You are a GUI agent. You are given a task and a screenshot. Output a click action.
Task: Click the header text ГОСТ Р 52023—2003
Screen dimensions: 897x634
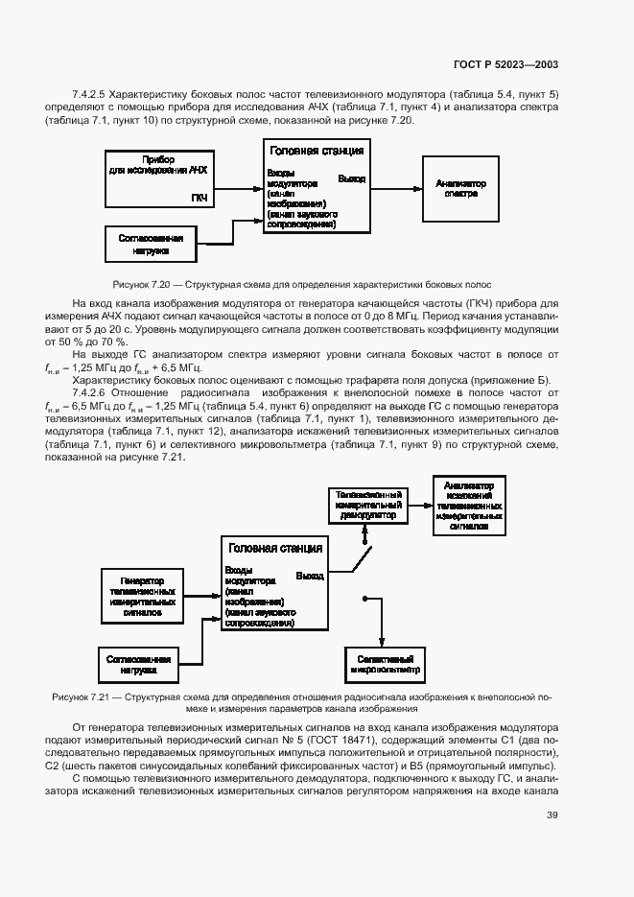(x=505, y=64)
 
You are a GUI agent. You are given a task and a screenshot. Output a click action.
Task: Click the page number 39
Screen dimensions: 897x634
(x=552, y=815)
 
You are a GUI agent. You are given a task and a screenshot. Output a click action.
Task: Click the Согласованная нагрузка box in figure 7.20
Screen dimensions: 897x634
(x=151, y=243)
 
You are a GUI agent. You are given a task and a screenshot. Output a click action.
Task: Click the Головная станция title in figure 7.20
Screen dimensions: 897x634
(x=317, y=151)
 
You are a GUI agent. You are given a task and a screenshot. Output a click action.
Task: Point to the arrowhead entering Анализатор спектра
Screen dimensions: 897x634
(x=417, y=188)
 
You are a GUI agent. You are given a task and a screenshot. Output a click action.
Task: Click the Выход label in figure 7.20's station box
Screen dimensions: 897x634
(x=351, y=179)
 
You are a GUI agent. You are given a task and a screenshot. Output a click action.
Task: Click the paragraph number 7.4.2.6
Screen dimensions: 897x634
(x=90, y=393)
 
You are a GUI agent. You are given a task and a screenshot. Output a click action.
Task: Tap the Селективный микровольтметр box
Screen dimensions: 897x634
(x=385, y=664)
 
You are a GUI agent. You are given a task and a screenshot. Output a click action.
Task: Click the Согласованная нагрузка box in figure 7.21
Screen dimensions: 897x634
(x=138, y=664)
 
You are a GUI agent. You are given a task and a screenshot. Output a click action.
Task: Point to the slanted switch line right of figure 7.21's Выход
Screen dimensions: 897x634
(x=361, y=561)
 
